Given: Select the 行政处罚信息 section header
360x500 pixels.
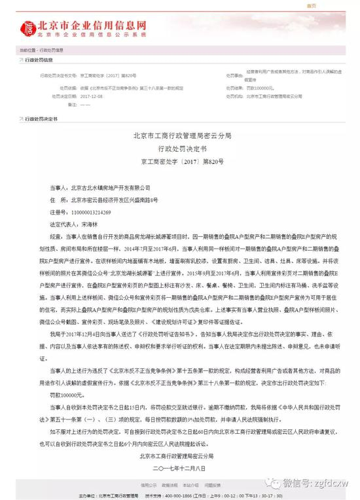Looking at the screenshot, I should pyautogui.click(x=41, y=59).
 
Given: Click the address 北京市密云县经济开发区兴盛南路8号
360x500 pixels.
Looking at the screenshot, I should pyautogui.click(x=114, y=200).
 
